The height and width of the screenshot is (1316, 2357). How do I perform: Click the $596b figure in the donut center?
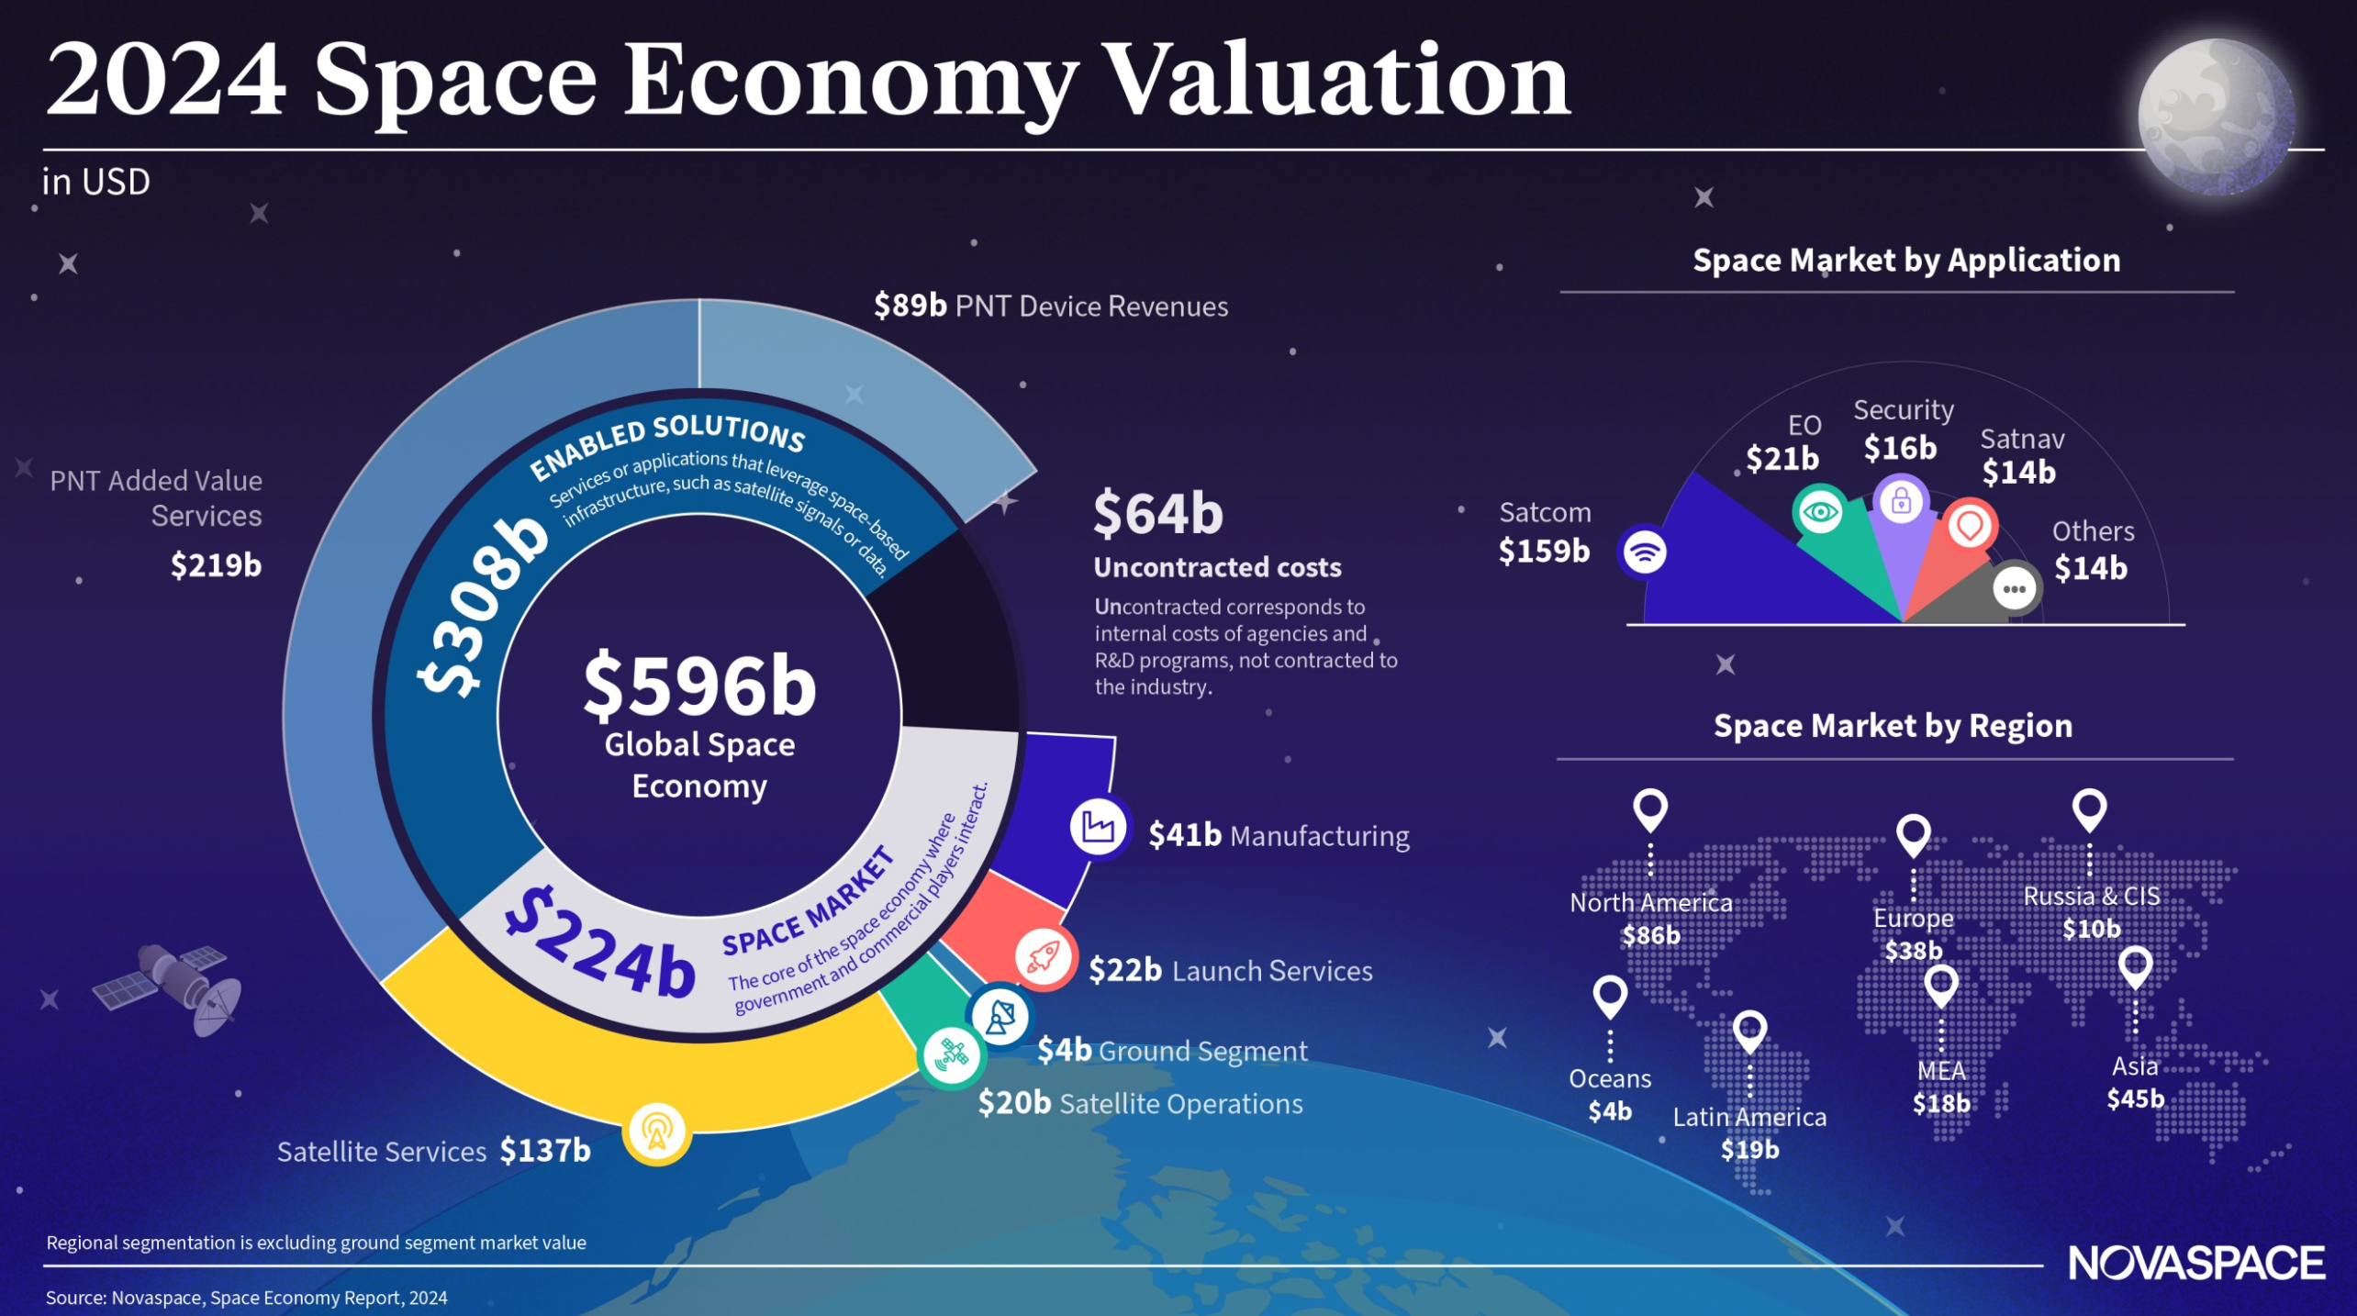699,686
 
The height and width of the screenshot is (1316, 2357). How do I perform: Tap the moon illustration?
2216,117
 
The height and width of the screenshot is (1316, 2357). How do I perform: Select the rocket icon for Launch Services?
1044,958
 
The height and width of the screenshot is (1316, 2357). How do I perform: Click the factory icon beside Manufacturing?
1098,827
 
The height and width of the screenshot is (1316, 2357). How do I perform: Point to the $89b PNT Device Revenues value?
910,306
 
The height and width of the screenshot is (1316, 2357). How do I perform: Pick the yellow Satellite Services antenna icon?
656,1132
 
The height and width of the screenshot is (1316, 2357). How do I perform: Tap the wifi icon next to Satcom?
1644,552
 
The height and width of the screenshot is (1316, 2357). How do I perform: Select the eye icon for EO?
1819,511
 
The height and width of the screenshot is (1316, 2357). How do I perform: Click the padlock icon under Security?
1901,501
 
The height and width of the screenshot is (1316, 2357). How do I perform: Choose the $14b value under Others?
2090,569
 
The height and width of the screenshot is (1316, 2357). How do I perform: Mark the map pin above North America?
1649,809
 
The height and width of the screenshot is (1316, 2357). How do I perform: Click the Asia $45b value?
2135,1099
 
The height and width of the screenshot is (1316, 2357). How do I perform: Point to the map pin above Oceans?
1610,996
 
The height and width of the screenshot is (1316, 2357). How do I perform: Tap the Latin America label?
1749,1117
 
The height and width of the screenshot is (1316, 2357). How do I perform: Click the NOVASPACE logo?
2195,1263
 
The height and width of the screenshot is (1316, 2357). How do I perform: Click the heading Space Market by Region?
1893,726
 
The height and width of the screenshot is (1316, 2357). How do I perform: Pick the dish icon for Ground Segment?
1000,1016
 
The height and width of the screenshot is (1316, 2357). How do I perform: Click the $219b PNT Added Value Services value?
216,565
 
